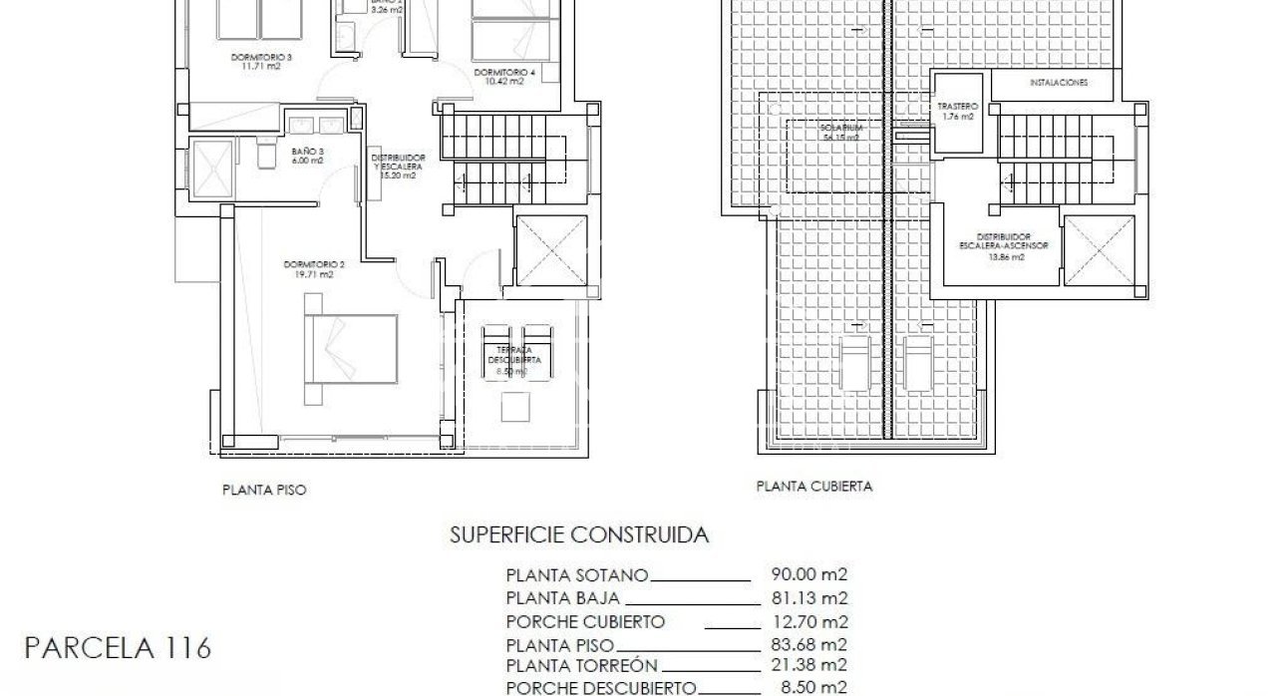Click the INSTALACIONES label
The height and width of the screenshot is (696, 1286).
click(x=1059, y=83)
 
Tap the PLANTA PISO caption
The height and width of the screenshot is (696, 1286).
click(x=264, y=491)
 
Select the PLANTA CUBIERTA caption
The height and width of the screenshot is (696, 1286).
click(x=814, y=488)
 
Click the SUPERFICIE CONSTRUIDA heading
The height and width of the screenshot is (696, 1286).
click(x=580, y=535)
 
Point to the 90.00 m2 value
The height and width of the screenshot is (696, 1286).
click(x=809, y=574)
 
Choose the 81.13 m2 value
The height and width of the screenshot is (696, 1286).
click(x=809, y=598)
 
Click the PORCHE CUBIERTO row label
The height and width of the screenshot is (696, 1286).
click(x=585, y=621)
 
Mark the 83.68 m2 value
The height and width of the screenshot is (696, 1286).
click(x=809, y=644)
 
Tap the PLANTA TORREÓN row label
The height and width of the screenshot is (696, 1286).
click(x=582, y=666)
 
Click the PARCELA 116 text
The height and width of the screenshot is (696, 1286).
click(x=118, y=649)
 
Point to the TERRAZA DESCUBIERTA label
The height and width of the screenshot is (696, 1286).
click(x=514, y=357)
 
